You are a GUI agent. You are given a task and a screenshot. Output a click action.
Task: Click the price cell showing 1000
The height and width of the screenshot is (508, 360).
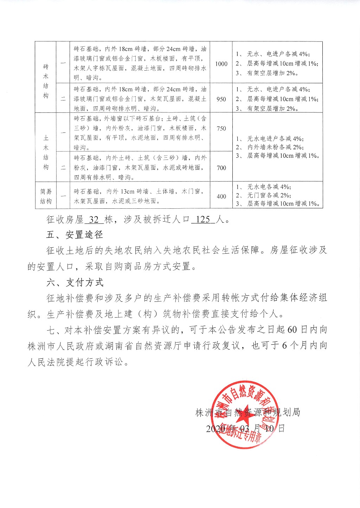[x=221, y=64]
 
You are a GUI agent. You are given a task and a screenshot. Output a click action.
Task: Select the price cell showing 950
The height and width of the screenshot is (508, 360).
[x=221, y=99]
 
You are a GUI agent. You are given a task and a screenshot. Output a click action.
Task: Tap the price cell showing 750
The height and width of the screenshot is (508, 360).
[x=221, y=128]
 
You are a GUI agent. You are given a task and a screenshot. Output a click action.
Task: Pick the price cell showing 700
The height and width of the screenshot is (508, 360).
[x=221, y=168]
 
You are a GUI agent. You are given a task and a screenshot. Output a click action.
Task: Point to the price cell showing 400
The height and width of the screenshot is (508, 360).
[x=221, y=196]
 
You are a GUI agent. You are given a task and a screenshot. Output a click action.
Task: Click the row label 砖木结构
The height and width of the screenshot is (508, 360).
[x=46, y=81]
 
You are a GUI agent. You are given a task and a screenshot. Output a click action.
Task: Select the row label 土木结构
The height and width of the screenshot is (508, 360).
[x=46, y=152]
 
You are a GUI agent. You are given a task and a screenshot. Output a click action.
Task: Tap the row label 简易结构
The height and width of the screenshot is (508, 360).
[x=46, y=196]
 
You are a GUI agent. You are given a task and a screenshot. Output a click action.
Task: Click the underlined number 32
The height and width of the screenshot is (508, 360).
[x=94, y=220]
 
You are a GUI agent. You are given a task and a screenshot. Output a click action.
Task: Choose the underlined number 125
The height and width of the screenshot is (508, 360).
[x=203, y=220]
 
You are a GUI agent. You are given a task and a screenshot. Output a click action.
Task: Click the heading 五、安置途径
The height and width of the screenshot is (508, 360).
[x=75, y=235]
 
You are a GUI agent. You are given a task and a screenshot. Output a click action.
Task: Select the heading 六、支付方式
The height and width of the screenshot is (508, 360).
[x=75, y=282]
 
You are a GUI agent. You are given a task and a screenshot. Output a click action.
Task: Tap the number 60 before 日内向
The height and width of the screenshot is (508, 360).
[x=292, y=330]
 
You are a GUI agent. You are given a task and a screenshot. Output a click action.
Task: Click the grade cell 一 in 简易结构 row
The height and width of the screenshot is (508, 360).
[x=63, y=196]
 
